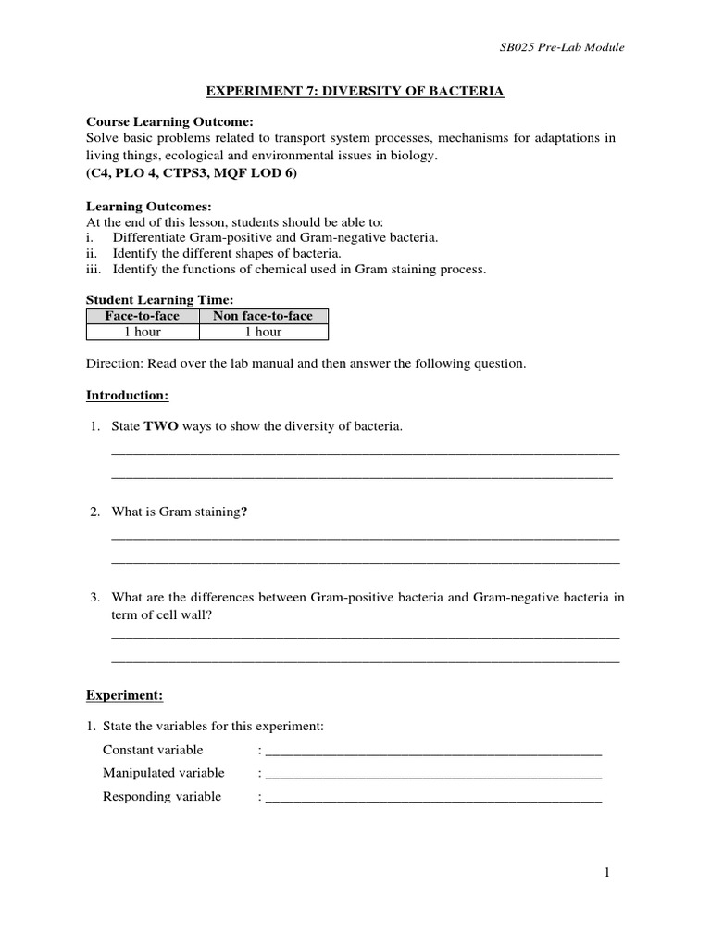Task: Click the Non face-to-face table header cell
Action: (x=263, y=316)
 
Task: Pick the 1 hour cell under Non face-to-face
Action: (x=263, y=332)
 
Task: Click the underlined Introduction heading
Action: (x=127, y=395)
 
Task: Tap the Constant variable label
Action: (x=153, y=750)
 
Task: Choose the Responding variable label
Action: (x=162, y=796)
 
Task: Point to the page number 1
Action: (x=607, y=872)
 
